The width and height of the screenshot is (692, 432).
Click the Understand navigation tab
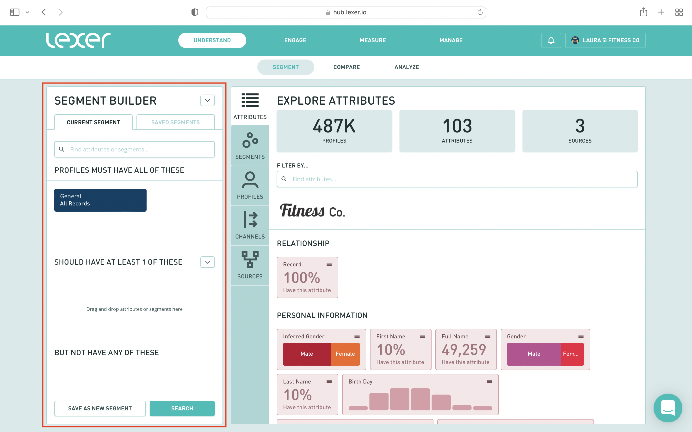212,40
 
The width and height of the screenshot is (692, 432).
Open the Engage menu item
295,40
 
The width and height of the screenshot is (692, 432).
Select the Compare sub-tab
346,67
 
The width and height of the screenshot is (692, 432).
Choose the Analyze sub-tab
407,67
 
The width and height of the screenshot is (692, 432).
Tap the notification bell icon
551,40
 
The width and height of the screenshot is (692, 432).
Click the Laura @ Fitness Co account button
605,40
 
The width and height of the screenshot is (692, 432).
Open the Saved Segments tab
175,122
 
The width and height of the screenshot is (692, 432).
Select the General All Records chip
100,200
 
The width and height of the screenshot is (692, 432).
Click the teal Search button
182,408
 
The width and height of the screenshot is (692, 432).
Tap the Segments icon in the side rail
250,146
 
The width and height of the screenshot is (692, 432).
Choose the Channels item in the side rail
250,225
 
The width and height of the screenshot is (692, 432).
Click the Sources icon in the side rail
250,265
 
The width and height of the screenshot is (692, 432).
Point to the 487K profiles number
334,126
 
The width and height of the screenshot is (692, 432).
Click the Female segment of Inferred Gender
345,354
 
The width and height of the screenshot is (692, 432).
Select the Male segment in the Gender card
534,354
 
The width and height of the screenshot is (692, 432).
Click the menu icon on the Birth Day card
489,381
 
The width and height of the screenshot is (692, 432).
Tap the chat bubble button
668,408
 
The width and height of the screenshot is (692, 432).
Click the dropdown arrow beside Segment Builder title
207,100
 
